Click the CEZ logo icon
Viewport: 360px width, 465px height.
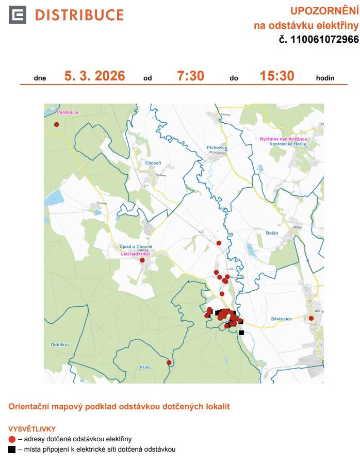(18, 15)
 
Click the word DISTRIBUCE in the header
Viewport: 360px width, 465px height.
(79, 15)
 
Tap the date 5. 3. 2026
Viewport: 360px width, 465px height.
(94, 76)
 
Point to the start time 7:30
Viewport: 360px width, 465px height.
(190, 76)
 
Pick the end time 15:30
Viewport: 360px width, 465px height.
(277, 76)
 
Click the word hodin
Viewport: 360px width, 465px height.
(325, 78)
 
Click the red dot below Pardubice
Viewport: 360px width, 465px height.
(57, 124)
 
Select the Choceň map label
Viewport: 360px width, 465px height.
(153, 163)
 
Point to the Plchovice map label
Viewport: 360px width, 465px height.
(217, 147)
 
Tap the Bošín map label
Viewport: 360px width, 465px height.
(272, 233)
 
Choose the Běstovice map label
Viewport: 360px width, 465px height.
(281, 319)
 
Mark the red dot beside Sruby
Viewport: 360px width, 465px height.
(169, 363)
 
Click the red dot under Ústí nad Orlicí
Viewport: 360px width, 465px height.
(142, 260)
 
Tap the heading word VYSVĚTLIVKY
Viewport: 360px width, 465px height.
(32, 428)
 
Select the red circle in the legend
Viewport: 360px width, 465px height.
(12, 439)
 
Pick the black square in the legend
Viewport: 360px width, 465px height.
(12, 450)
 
